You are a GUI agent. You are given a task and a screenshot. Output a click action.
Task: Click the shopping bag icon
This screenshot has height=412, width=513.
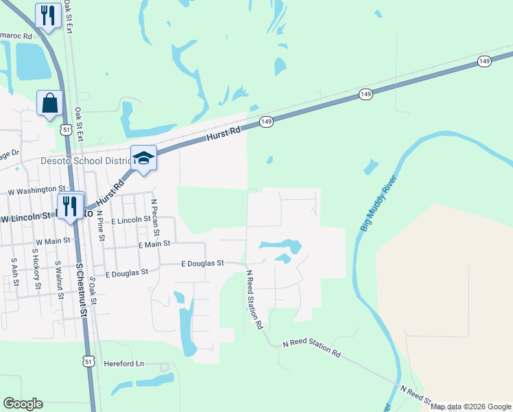pos(50,104)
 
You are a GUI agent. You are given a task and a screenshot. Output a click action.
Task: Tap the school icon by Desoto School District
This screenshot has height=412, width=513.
pos(144,159)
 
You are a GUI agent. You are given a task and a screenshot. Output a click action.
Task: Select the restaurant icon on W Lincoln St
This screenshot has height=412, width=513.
pos(70,205)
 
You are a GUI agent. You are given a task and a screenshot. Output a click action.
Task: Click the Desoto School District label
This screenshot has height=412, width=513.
pos(76,161)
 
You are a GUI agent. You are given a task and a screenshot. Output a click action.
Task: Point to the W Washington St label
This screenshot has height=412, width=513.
pos(36,189)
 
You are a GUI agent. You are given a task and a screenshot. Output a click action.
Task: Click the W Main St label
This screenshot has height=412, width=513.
pos(53,242)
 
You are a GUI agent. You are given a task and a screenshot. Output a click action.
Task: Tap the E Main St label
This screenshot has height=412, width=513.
pos(154,244)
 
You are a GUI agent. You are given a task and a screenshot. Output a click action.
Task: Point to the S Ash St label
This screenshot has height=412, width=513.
pos(14,271)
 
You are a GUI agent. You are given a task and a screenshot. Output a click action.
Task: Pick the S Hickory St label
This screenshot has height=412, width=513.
pos(36,270)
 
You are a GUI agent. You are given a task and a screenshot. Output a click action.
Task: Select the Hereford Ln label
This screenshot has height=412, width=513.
pos(124,363)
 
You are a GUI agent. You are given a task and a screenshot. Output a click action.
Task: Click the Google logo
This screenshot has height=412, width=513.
pos(23,404)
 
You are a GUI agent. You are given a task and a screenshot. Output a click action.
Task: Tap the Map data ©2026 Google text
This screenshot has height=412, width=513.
pos(471,407)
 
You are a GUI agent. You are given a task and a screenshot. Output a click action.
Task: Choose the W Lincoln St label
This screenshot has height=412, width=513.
pos(26,218)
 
